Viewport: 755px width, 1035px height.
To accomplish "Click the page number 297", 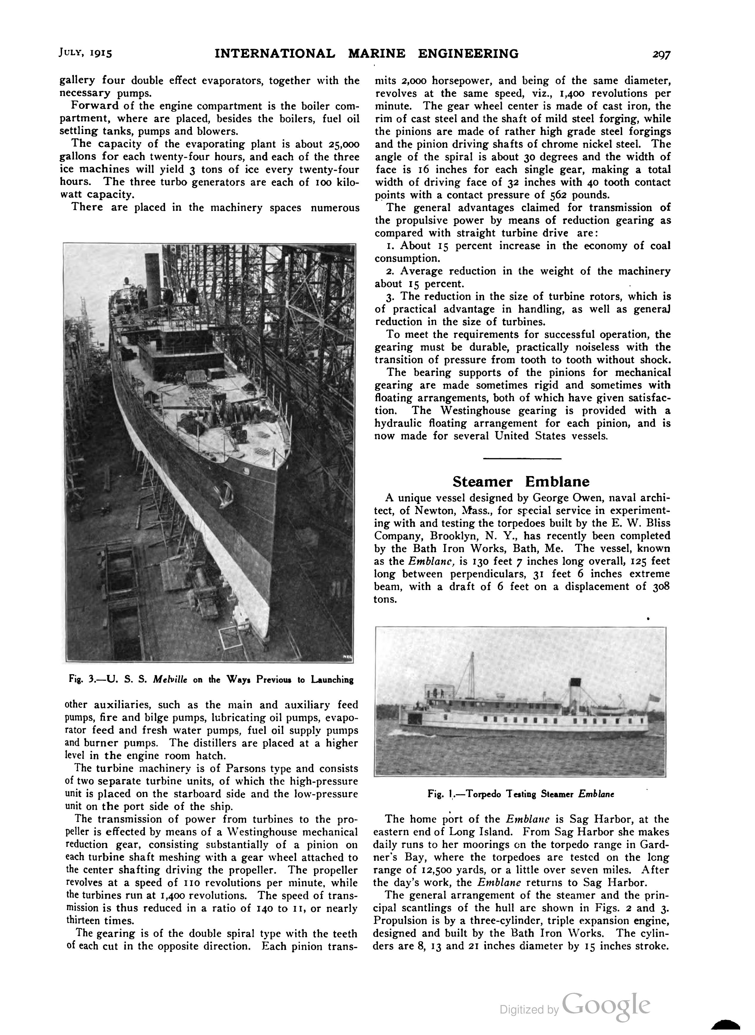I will (661, 54).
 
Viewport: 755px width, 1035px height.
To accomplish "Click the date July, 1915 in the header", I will (86, 53).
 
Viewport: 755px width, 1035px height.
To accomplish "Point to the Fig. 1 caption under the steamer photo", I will (520, 794).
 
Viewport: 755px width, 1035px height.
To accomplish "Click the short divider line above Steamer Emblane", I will (522, 458).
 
